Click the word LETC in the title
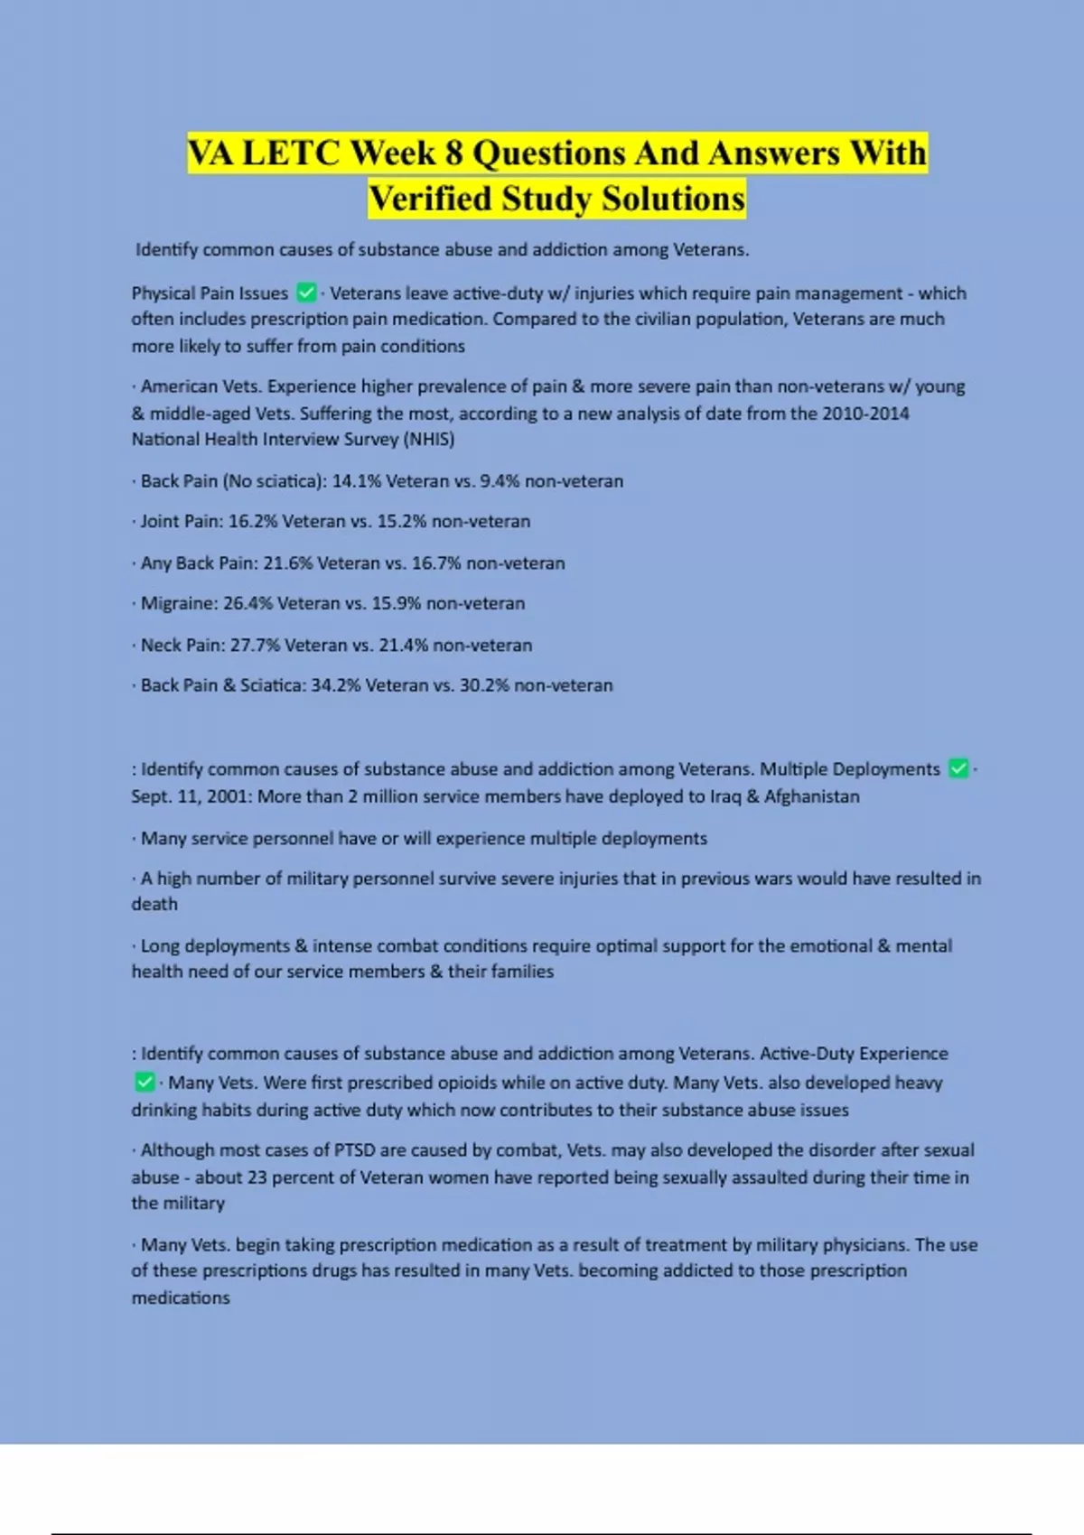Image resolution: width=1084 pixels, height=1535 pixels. tap(291, 153)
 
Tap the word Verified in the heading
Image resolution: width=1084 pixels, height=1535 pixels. tap(430, 199)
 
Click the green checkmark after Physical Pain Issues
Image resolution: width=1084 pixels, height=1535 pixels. tap(306, 293)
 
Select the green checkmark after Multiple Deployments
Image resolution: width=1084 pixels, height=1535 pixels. tap(958, 769)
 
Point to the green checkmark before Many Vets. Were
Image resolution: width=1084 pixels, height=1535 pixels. tap(145, 1082)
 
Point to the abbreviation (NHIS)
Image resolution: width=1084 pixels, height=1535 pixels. tap(429, 440)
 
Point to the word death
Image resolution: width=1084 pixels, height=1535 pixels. tap(154, 905)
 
